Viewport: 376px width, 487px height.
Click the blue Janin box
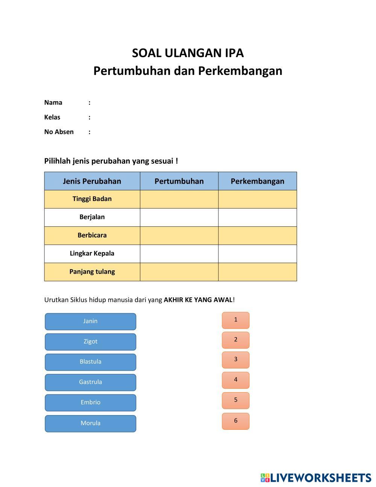90,321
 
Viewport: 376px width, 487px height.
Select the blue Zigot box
90,342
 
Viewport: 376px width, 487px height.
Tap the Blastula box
90,362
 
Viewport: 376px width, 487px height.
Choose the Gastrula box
90,382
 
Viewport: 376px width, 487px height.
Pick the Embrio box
90,403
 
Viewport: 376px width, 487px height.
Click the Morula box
90,423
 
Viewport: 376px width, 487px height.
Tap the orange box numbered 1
235,320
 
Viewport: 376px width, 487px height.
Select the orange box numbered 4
235,380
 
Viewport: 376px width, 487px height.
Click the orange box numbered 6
235,421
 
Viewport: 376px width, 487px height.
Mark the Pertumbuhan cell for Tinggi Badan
179,199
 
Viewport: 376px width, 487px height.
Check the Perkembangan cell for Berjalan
257,217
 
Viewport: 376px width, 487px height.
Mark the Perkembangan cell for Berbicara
257,236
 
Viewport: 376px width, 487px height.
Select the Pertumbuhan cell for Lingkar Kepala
179,254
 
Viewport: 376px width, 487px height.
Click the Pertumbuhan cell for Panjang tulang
179,272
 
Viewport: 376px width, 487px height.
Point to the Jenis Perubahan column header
92,181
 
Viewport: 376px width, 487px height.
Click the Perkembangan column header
257,181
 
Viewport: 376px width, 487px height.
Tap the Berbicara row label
92,235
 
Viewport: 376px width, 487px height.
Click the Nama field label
53,102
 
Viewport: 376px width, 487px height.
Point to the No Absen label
59,132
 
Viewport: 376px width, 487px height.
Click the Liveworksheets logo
316,478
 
